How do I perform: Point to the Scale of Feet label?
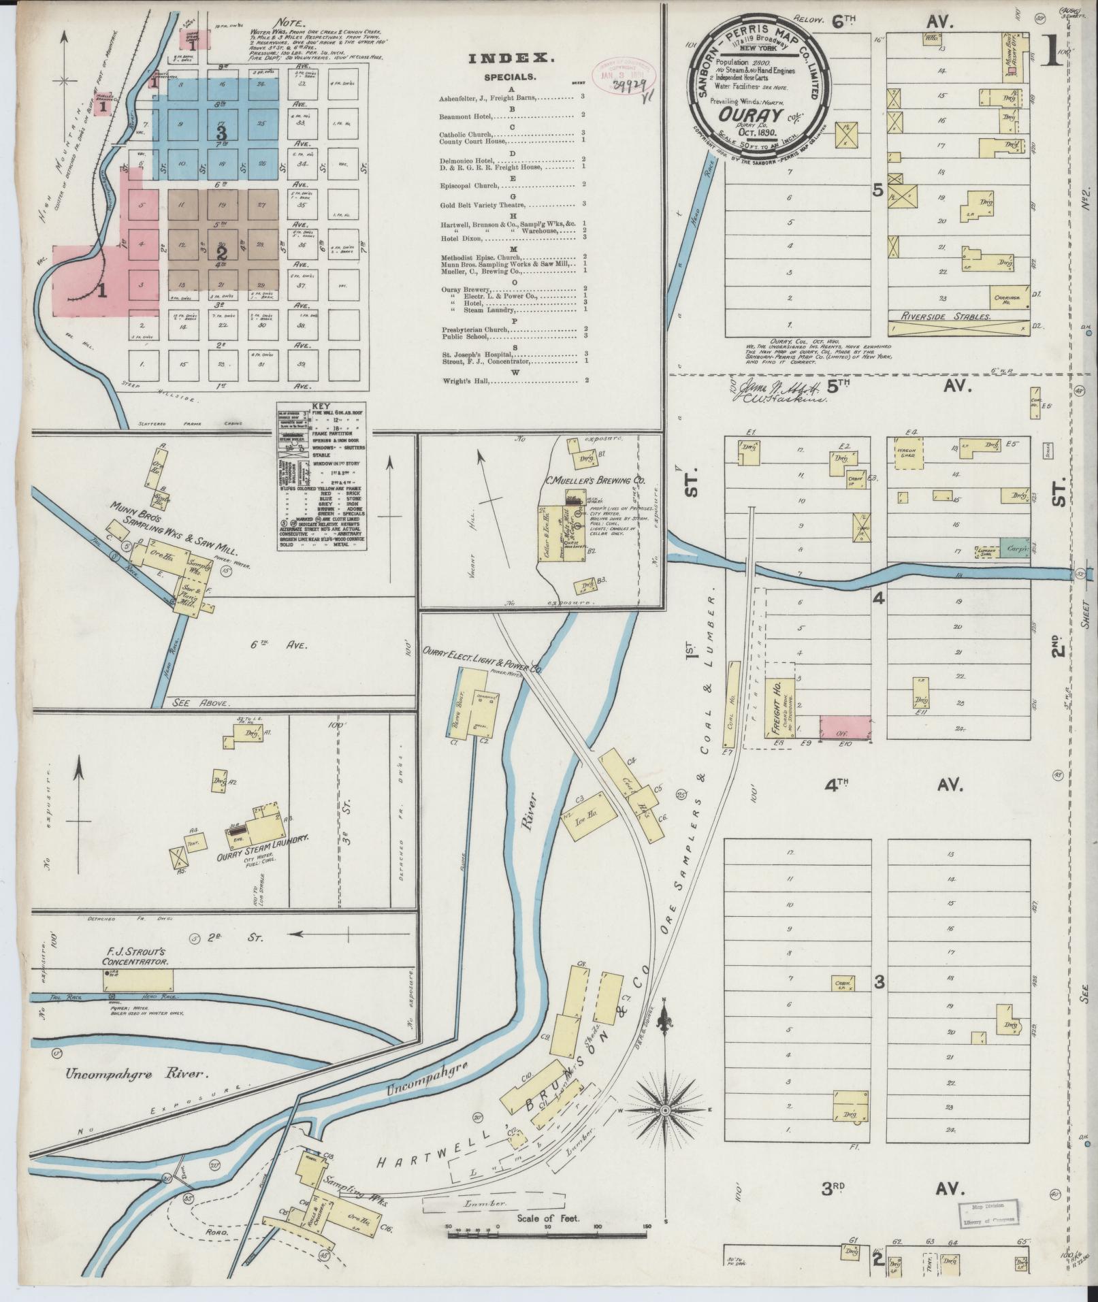click(547, 1218)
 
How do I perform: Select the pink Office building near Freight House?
click(845, 728)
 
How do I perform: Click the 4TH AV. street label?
click(892, 785)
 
